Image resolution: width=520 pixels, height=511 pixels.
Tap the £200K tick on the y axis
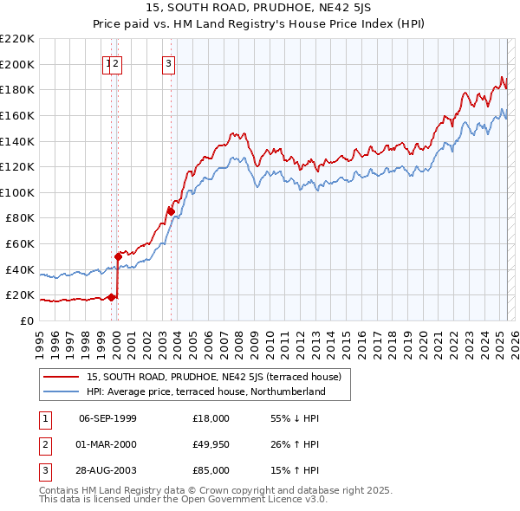click(18, 64)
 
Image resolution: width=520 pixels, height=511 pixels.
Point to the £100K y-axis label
click(18, 192)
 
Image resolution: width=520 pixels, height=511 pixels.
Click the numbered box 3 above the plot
click(168, 62)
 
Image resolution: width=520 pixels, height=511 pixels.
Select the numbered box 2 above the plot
click(116, 62)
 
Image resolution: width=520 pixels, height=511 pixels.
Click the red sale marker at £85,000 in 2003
click(171, 211)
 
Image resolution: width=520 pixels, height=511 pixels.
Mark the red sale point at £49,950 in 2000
click(118, 256)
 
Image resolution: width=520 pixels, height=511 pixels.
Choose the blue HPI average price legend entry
click(205, 391)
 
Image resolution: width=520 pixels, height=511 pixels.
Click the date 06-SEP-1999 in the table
click(107, 418)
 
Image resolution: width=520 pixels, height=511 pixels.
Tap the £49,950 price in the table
click(211, 445)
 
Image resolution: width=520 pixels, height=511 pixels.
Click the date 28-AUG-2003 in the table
click(107, 472)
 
